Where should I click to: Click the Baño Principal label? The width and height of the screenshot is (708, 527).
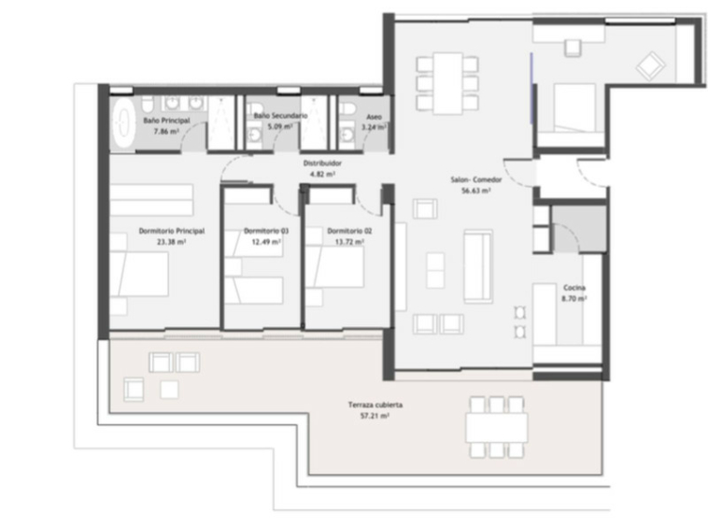166,121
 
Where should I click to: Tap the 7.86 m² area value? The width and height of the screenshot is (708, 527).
166,132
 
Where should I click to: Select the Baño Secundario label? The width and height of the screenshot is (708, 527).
280,116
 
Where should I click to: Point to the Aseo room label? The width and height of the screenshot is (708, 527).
374,117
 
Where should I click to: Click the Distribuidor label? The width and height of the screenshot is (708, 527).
322,163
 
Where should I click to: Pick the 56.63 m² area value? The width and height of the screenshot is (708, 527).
476,191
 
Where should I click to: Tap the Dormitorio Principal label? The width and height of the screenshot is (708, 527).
172,231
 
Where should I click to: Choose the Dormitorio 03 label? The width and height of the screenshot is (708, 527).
266,231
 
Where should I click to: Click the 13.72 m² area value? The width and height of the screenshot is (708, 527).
349,242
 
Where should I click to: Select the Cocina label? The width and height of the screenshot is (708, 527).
574,288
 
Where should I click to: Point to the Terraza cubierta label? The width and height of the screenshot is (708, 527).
375,405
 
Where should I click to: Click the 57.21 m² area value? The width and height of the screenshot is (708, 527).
375,416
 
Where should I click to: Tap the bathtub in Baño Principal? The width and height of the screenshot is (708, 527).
122,122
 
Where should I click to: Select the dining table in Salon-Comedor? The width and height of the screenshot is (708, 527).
447,83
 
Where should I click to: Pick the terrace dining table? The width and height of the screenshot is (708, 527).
497,428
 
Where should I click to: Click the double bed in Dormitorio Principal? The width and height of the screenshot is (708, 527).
139,274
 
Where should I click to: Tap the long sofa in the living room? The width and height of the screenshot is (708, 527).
478,266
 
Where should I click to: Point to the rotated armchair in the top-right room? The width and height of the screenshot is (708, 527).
651,66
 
